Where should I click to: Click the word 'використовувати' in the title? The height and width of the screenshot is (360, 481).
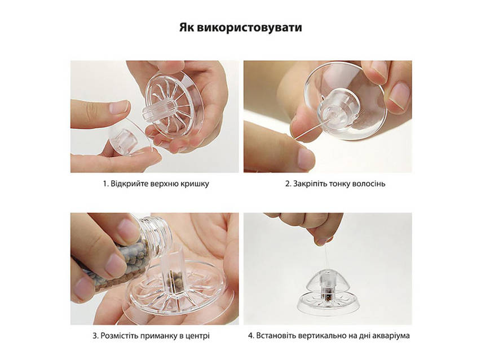(249, 27)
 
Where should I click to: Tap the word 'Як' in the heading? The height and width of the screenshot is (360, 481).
(187, 27)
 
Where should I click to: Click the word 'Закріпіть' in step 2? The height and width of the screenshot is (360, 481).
(310, 184)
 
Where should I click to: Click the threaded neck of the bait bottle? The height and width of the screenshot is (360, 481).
(156, 232)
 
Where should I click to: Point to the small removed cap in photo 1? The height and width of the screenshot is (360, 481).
(129, 140)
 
